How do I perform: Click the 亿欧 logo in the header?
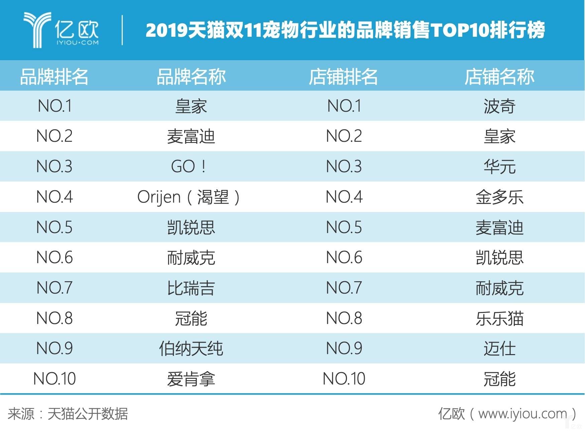pyautogui.click(x=61, y=30)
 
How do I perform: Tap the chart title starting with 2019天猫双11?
pyautogui.click(x=345, y=30)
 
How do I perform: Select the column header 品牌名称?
pyautogui.click(x=191, y=77)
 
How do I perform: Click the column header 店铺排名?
pyautogui.click(x=343, y=77)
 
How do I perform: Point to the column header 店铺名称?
pyautogui.click(x=499, y=77)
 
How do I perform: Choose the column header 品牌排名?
pyautogui.click(x=54, y=77)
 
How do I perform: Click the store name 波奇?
pyautogui.click(x=499, y=106)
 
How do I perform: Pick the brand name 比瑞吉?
pyautogui.click(x=191, y=288)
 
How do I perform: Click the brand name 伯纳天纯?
pyautogui.click(x=191, y=348)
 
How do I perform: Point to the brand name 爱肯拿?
pyautogui.click(x=191, y=379)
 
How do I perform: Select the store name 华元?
pyautogui.click(x=499, y=167)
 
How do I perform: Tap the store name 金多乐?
pyautogui.click(x=499, y=197)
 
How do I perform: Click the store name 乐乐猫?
pyautogui.click(x=499, y=318)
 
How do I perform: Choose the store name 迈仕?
pyautogui.click(x=499, y=348)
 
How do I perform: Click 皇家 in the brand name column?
pyautogui.click(x=191, y=106)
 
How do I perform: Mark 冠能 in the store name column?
pyautogui.click(x=499, y=379)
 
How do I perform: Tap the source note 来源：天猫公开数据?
pyautogui.click(x=68, y=414)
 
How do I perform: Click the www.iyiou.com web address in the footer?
pyautogui.click(x=522, y=414)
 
